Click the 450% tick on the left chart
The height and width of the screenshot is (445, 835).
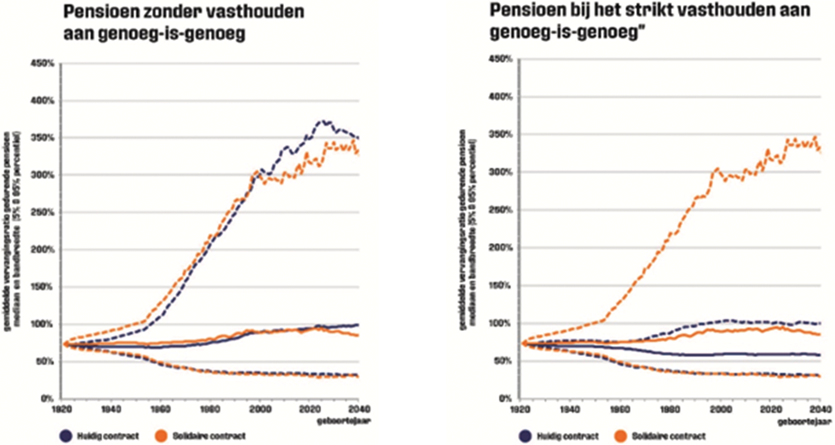point(42,64)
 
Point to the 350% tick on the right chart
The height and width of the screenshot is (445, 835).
point(500,135)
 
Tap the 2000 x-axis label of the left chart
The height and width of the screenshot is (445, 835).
point(259,409)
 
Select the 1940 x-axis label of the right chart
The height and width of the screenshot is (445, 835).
point(570,409)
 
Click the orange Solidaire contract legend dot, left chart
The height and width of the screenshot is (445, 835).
point(161,436)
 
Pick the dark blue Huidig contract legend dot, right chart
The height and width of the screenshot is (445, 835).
point(525,436)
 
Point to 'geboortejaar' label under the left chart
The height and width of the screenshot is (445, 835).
point(343,421)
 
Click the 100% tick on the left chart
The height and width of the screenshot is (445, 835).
point(42,324)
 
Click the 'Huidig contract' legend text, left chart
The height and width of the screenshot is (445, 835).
point(107,436)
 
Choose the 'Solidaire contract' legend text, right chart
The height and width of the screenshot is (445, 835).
point(668,436)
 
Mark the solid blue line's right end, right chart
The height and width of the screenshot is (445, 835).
point(819,355)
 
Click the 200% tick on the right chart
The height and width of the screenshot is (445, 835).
point(500,248)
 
